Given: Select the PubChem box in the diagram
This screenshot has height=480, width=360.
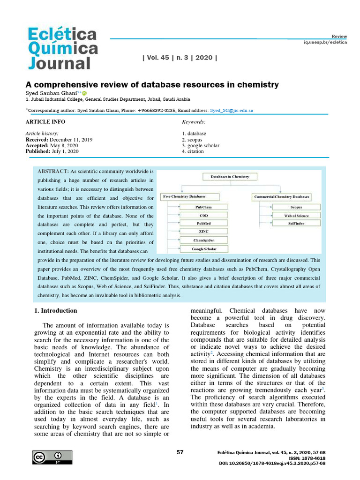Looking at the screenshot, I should coord(203,207).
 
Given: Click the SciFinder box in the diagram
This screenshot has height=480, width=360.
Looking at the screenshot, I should coord(296,224).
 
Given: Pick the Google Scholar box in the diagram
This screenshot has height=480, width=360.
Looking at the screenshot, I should coord(203,249).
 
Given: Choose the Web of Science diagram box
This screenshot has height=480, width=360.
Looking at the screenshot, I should coord(296,215).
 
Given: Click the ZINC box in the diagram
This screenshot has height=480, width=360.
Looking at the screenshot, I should coord(203,232).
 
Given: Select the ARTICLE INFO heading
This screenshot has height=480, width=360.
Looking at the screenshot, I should coord(45,122).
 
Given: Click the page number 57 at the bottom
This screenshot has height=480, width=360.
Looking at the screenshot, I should coord(180,452).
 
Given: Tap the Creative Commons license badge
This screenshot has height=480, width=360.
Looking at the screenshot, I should coord(52,457).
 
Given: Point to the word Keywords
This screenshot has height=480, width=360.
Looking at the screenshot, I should coord(193,122).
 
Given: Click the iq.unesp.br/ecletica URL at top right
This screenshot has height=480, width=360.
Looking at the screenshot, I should coord(325,42).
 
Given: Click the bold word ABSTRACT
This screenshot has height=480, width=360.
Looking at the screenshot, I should coord(53,172).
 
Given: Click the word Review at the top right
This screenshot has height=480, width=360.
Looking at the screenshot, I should coord(339,36).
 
